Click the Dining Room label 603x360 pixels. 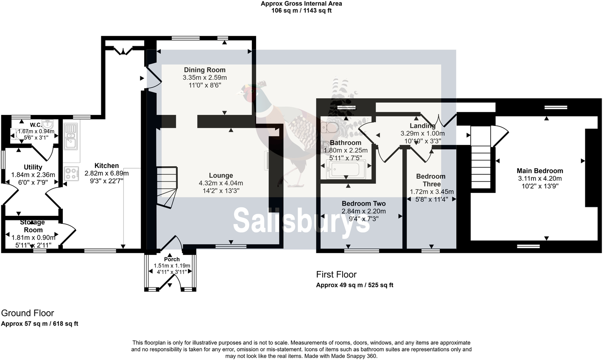204,70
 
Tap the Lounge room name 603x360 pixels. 221,176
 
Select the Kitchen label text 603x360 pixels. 106,166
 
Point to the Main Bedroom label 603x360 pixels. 540,171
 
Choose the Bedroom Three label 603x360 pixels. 431,180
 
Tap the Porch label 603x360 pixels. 172,259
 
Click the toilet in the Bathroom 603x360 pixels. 329,127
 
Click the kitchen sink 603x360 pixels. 70,136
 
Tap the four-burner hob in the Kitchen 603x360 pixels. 72,173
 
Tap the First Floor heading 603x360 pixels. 336,274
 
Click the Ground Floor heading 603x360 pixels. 28,313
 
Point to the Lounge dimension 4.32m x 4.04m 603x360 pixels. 221,183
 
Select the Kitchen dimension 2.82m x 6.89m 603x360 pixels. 106,173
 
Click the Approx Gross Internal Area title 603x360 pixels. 301,4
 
